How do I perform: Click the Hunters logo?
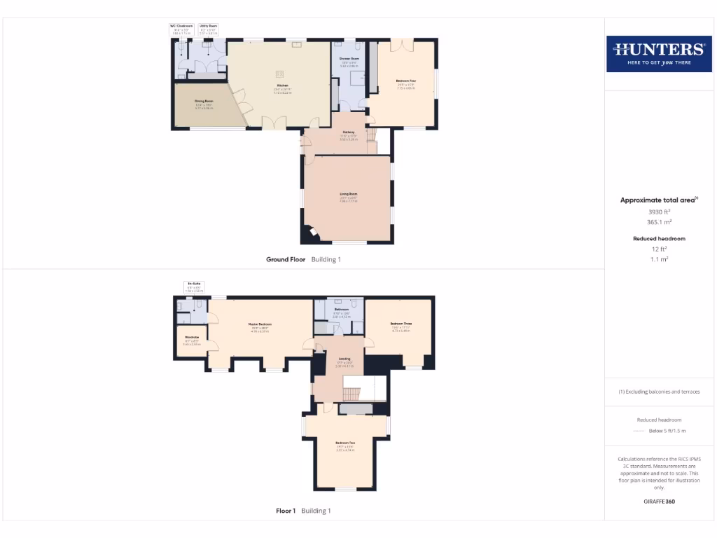(658, 53)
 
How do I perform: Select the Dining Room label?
(204, 102)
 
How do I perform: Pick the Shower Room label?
(349, 59)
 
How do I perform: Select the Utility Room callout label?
(208, 26)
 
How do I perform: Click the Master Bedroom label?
(260, 324)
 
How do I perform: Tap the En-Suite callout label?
(193, 283)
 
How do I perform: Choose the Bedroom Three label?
(401, 324)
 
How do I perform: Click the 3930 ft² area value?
(659, 211)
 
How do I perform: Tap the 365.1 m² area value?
(659, 221)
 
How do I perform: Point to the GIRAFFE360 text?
(659, 502)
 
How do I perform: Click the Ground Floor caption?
(286, 259)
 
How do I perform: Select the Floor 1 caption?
(286, 511)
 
